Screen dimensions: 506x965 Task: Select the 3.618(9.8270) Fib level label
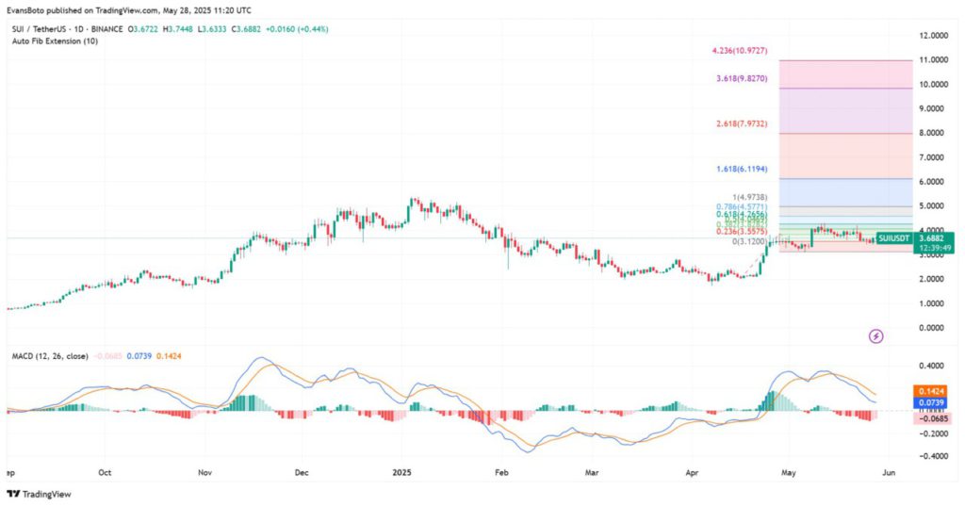745,79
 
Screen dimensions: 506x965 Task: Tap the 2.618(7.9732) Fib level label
746,124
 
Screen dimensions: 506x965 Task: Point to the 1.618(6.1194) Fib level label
745,168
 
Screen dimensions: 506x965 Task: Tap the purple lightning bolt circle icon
876,335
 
